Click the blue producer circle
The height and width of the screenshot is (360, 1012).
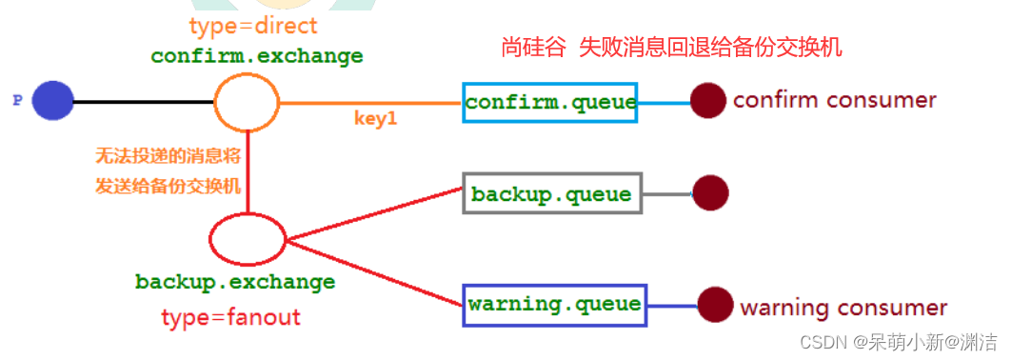click(x=52, y=101)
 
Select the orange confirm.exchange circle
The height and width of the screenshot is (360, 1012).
click(x=247, y=102)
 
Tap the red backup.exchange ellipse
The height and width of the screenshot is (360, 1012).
click(x=247, y=240)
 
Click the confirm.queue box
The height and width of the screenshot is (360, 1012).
click(x=551, y=102)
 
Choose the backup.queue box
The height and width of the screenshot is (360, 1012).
click(x=551, y=194)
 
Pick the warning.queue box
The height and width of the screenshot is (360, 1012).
click(x=554, y=305)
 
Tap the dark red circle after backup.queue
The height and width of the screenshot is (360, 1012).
click(x=710, y=194)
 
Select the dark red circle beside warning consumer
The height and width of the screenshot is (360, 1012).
click(x=715, y=305)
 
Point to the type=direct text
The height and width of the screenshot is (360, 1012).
click(x=252, y=27)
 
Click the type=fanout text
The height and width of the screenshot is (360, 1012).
click(x=230, y=316)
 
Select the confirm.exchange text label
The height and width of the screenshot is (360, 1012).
click(x=257, y=56)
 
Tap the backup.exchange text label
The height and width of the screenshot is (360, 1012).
click(x=235, y=283)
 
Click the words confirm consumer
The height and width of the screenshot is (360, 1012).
click(x=834, y=100)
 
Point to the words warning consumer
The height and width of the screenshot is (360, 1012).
click(x=843, y=308)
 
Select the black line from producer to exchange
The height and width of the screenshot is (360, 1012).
click(x=143, y=102)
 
